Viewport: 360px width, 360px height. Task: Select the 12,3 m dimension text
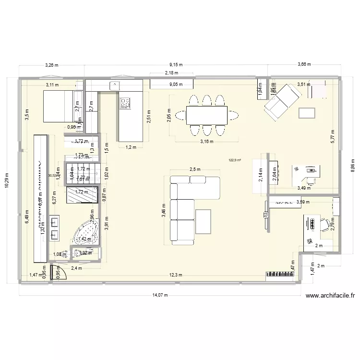click(x=175, y=275)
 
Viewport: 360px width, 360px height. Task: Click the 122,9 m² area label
click(x=235, y=161)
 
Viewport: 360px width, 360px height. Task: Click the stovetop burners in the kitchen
click(x=125, y=102)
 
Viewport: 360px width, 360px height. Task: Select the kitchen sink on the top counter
click(x=115, y=85)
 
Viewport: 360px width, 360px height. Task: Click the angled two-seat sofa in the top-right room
click(x=282, y=101)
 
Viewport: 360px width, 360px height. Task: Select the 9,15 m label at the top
click(x=176, y=64)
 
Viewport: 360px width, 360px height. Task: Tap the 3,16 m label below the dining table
click(x=206, y=142)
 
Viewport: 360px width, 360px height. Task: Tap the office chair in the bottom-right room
click(x=329, y=223)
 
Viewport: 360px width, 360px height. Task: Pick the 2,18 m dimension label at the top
click(x=171, y=73)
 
